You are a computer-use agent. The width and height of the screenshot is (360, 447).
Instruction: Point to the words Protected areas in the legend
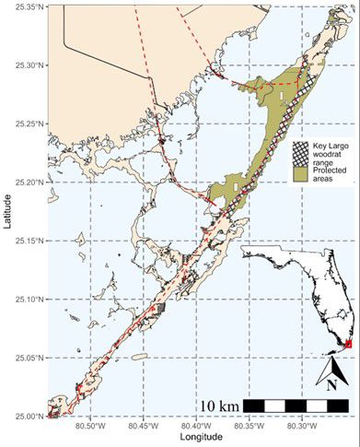coord(331,172)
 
